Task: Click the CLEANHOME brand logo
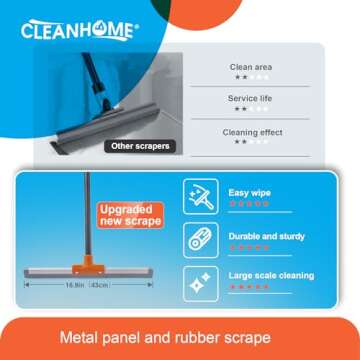(78, 29)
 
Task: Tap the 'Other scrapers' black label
(139, 146)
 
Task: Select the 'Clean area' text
(251, 67)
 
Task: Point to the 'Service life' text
(251, 99)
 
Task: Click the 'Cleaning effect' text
(252, 132)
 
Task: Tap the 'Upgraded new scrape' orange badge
(130, 215)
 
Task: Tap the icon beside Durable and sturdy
(198, 239)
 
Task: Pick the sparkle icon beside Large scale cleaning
(198, 280)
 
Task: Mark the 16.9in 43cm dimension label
(87, 285)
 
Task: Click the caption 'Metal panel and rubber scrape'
(180, 338)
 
